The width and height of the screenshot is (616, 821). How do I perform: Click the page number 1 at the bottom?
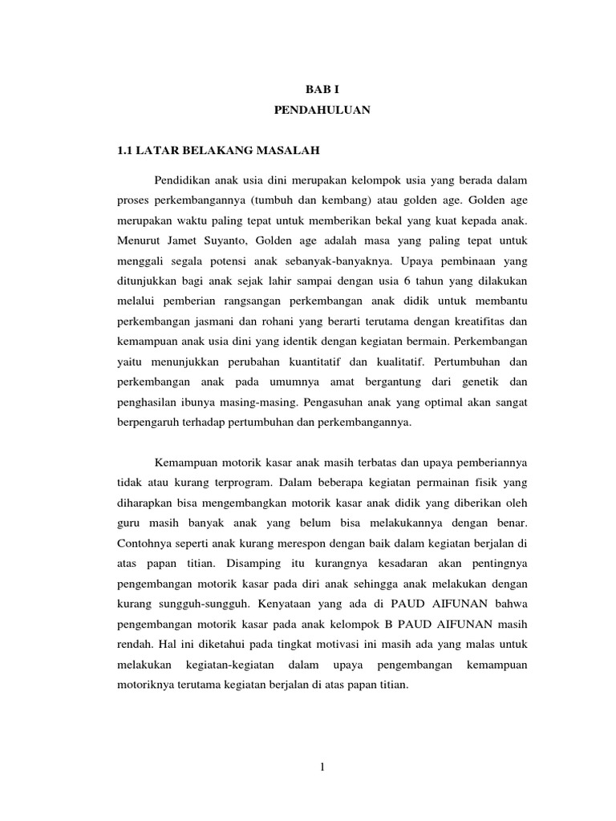(x=322, y=768)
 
